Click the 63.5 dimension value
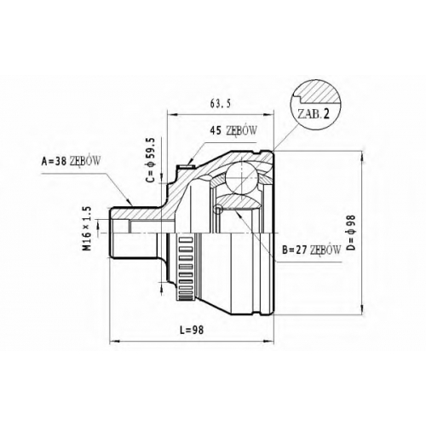[x=220, y=104]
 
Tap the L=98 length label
[x=193, y=330]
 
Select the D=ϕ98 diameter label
[x=351, y=233]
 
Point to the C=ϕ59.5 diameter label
[x=151, y=160]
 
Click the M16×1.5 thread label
[x=87, y=228]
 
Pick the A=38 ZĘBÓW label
[x=71, y=161]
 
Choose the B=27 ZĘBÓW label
[x=311, y=250]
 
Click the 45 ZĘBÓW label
[x=233, y=130]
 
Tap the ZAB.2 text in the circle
[x=314, y=114]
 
